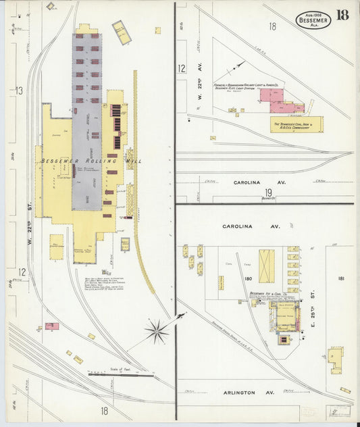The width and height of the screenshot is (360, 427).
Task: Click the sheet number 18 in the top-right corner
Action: coord(342,16)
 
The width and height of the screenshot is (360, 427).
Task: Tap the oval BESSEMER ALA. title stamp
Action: coord(313,20)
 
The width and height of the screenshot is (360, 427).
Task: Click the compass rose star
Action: coord(157,330)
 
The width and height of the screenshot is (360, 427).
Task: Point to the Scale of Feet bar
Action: coord(121,376)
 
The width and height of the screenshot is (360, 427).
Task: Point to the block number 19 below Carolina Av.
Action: coord(268,193)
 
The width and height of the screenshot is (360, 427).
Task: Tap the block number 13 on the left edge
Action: coord(20,91)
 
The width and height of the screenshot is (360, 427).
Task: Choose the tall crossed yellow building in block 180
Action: coord(267,266)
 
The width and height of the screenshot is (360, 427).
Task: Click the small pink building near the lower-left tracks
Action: coord(52,326)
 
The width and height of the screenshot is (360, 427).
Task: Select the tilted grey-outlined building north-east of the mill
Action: coord(122,31)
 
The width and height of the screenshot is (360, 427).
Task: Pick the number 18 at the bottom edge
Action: coord(105,410)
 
